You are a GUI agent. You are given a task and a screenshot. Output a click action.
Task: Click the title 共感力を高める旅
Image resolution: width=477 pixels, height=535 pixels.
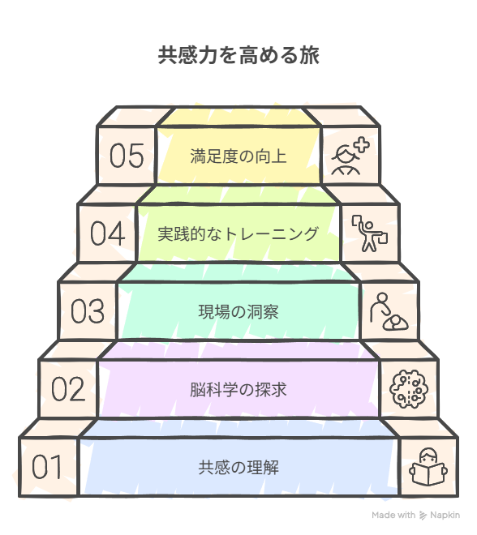click(238, 55)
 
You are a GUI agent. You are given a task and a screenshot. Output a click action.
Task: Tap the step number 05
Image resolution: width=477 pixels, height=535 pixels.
click(127, 156)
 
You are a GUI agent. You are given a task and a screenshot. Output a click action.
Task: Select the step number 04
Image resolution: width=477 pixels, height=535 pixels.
click(107, 233)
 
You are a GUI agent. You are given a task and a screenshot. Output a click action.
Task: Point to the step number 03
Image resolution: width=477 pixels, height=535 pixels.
click(88, 310)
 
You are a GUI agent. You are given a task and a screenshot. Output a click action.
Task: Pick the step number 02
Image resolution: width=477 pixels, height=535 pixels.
click(68, 388)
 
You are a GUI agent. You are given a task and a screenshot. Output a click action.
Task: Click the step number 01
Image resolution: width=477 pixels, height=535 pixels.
click(47, 466)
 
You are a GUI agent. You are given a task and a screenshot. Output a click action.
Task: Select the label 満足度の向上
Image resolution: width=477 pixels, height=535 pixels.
click(238, 156)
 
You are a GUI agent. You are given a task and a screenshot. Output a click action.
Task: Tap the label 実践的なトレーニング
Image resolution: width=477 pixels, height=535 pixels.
click(238, 233)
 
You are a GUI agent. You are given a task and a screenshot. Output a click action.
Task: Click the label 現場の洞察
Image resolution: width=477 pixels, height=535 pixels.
click(238, 311)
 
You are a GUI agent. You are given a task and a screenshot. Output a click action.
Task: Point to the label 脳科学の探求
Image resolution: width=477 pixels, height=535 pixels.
click(238, 389)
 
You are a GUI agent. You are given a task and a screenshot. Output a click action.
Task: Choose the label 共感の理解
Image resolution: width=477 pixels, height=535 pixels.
click(238, 467)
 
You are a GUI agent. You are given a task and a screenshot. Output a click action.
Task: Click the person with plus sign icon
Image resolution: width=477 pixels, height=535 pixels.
click(350, 156)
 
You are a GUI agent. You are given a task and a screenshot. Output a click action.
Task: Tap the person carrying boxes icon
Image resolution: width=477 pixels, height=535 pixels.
click(370, 233)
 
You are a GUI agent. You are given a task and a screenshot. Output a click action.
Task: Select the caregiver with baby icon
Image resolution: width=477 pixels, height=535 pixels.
click(389, 311)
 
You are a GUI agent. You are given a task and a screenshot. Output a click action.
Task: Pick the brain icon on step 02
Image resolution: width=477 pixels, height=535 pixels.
click(409, 389)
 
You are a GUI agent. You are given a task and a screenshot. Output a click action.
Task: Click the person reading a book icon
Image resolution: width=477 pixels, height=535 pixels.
click(428, 467)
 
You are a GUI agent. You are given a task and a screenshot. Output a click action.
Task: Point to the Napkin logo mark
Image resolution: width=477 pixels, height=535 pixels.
click(423, 516)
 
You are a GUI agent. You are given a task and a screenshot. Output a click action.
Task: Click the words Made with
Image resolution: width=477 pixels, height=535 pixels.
click(393, 515)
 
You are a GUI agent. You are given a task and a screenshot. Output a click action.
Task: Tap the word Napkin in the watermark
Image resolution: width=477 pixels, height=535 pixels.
click(445, 516)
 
